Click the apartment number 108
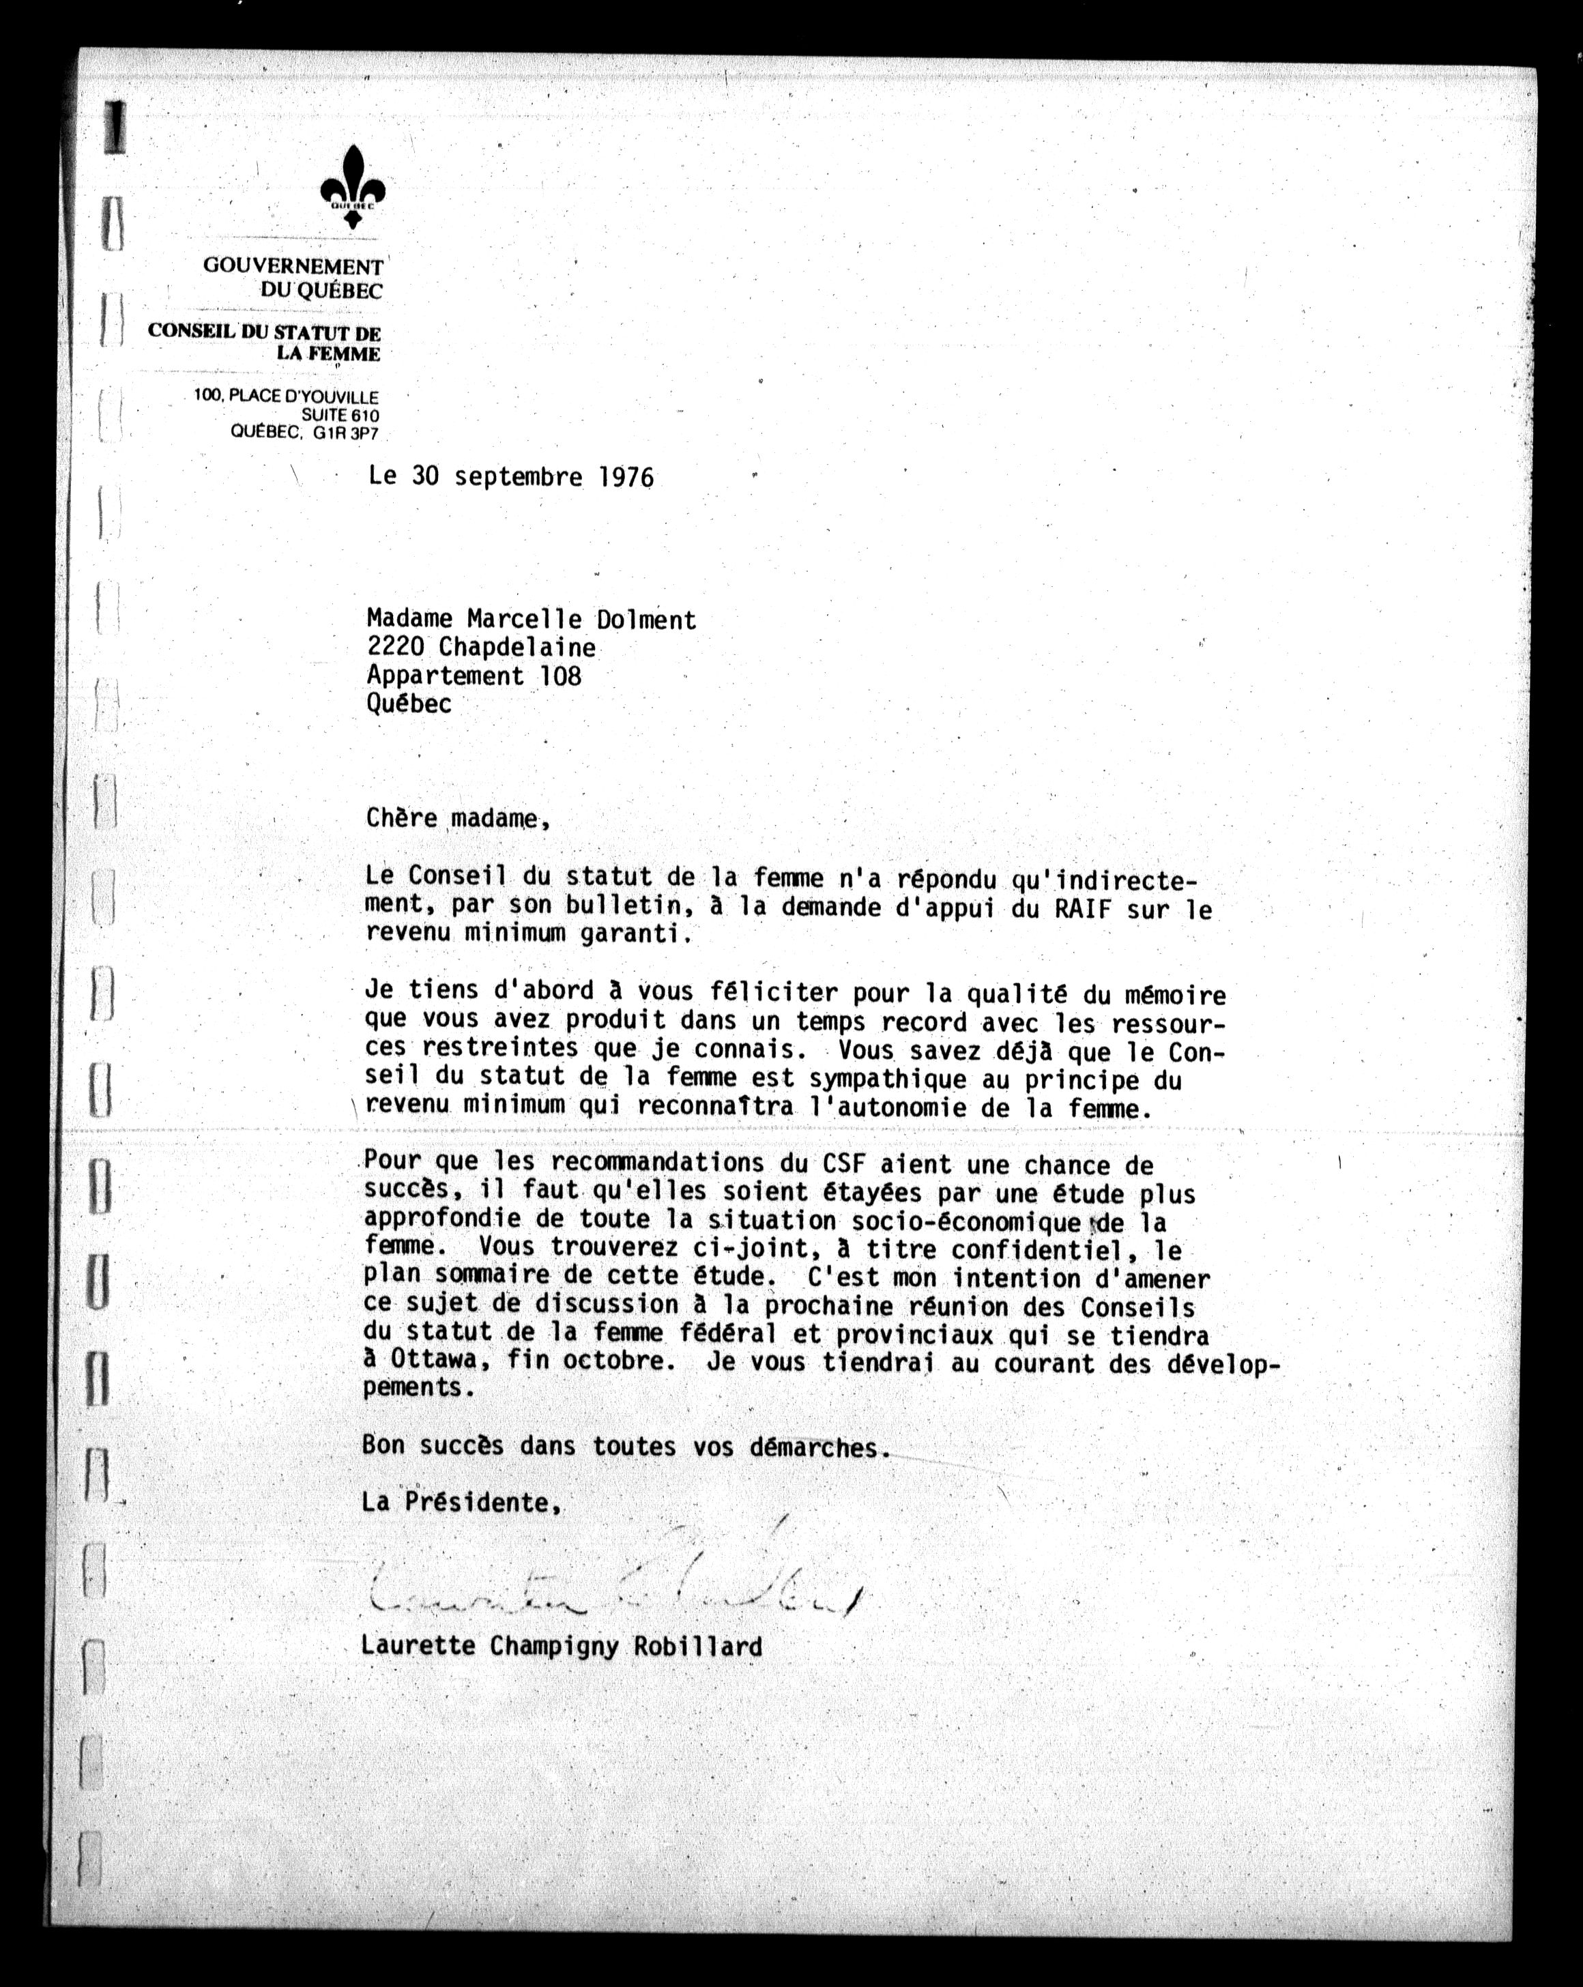[560, 676]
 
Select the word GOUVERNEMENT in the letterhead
[292, 266]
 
